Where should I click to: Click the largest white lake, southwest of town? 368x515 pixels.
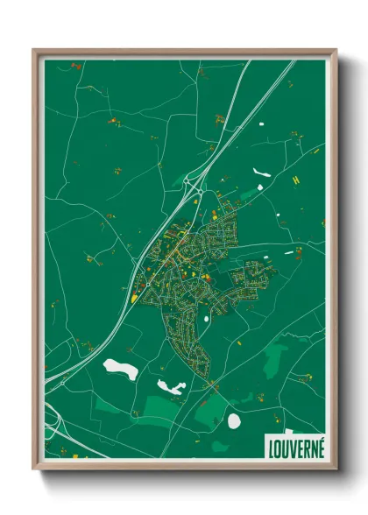120,369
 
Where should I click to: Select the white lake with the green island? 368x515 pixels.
169,385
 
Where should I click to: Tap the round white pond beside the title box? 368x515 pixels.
234,421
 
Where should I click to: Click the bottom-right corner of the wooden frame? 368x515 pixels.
336,470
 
